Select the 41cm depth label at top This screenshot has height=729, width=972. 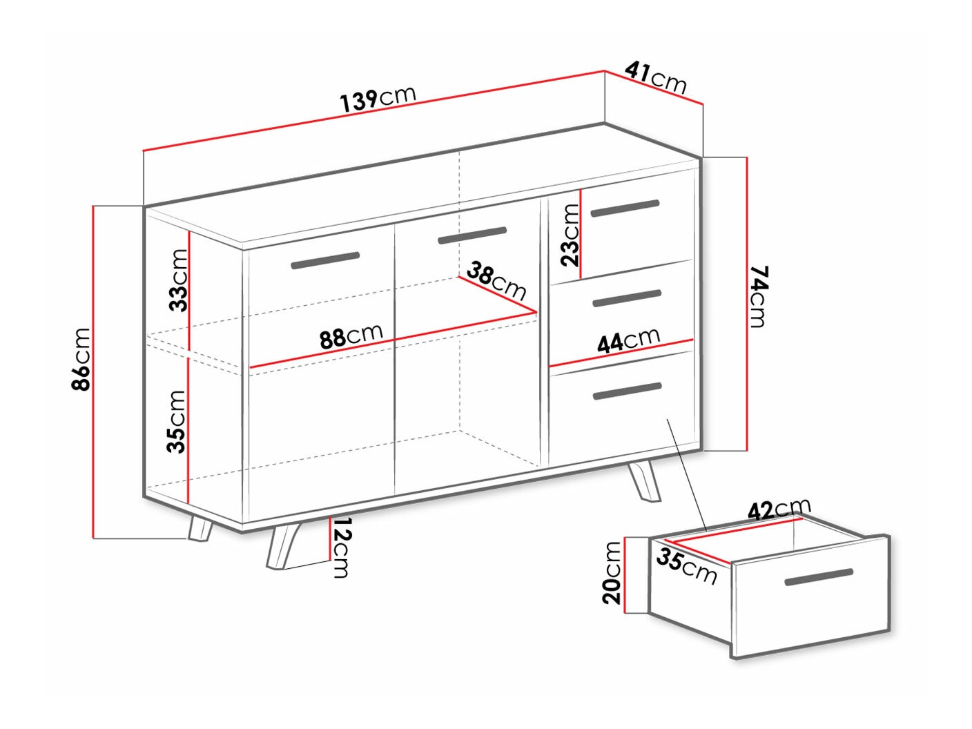tap(657, 77)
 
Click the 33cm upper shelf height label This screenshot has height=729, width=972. tap(178, 280)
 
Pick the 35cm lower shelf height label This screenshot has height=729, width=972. tap(177, 421)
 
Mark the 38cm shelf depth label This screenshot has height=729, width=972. tap(496, 280)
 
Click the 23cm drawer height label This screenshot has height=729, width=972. tap(570, 235)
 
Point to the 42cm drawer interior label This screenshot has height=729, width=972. tap(779, 509)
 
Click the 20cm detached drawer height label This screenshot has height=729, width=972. tap(612, 572)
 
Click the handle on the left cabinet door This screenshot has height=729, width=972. tap(325, 260)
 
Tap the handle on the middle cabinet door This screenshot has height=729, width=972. tap(472, 235)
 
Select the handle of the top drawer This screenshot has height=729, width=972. tap(625, 208)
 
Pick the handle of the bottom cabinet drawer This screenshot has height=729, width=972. tap(627, 391)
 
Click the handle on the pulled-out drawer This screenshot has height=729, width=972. tap(819, 577)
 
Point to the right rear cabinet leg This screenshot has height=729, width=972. tap(643, 480)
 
